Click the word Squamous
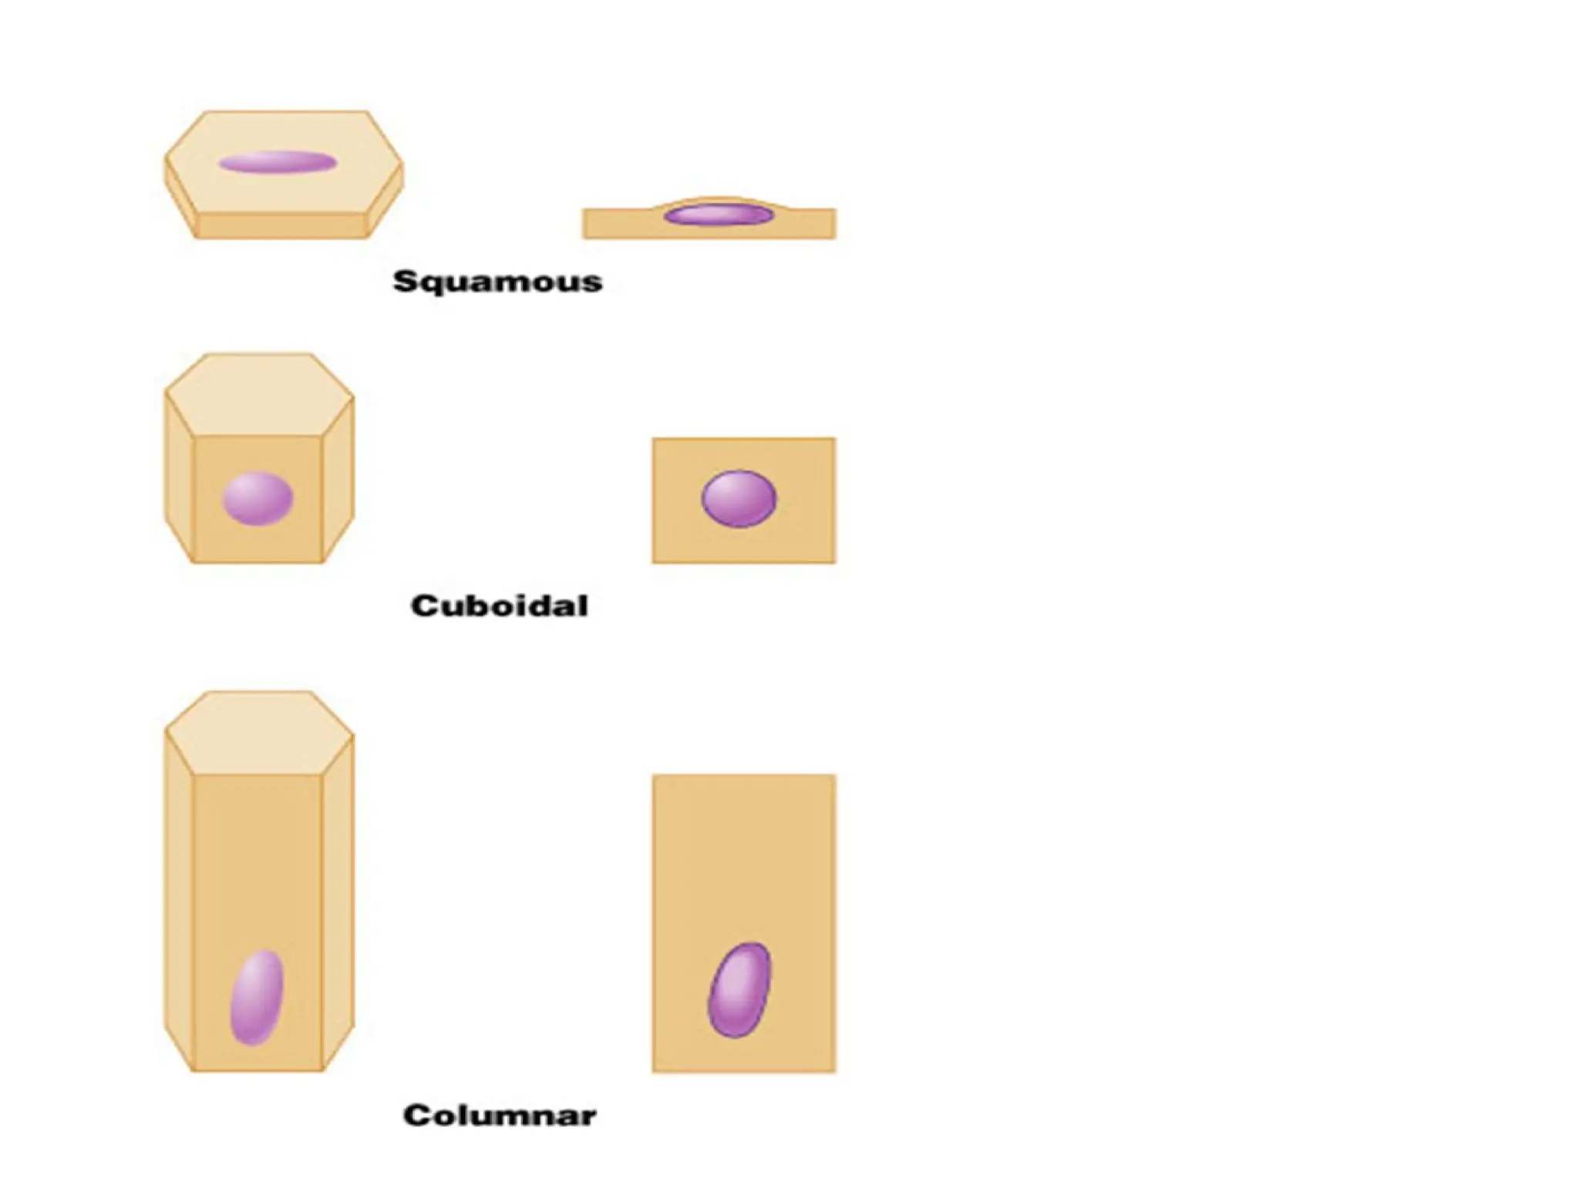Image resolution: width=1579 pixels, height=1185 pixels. [x=497, y=282]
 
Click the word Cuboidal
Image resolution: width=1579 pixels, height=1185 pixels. [x=500, y=606]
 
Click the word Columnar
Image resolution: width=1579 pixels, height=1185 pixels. [x=500, y=1116]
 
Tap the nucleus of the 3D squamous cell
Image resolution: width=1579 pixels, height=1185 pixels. [x=278, y=162]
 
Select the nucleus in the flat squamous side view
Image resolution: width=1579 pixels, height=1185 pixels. [x=719, y=214]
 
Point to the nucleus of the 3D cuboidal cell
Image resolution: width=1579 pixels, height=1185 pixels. [x=258, y=498]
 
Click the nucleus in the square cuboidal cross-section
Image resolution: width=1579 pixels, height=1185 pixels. [x=739, y=498]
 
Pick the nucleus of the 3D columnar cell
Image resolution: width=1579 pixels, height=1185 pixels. [x=257, y=997]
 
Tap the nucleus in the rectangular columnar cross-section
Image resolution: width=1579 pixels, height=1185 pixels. [x=739, y=990]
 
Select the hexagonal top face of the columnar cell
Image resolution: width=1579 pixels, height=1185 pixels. [x=259, y=733]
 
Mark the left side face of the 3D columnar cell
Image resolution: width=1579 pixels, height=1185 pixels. [x=179, y=903]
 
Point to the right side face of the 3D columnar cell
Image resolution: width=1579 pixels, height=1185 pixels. [x=338, y=903]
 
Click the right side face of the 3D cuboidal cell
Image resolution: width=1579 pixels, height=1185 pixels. [x=338, y=482]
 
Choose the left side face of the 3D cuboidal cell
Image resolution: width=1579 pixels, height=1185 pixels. [x=179, y=482]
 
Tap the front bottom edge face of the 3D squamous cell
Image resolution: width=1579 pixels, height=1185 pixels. [x=281, y=225]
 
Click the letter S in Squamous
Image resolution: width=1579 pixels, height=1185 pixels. [x=405, y=281]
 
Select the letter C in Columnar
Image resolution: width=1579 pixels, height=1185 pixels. [x=417, y=1116]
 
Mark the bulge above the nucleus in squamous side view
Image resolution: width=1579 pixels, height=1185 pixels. [x=717, y=201]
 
